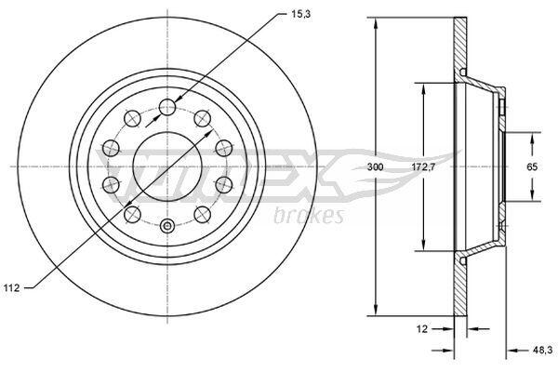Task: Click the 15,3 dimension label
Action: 301,15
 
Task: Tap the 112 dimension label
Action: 11,288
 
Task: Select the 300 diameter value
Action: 376,166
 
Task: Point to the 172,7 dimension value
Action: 423,166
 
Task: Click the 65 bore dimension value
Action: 532,166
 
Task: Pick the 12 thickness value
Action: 422,329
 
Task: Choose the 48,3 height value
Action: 542,351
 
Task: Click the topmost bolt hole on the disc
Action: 167,106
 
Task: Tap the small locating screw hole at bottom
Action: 167,225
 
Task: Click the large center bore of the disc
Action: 167,166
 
